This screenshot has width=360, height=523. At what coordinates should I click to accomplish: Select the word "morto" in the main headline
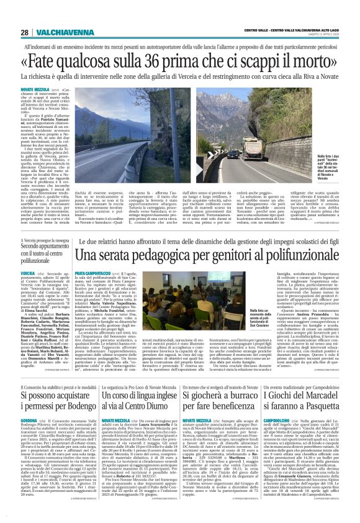click(x=316, y=61)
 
